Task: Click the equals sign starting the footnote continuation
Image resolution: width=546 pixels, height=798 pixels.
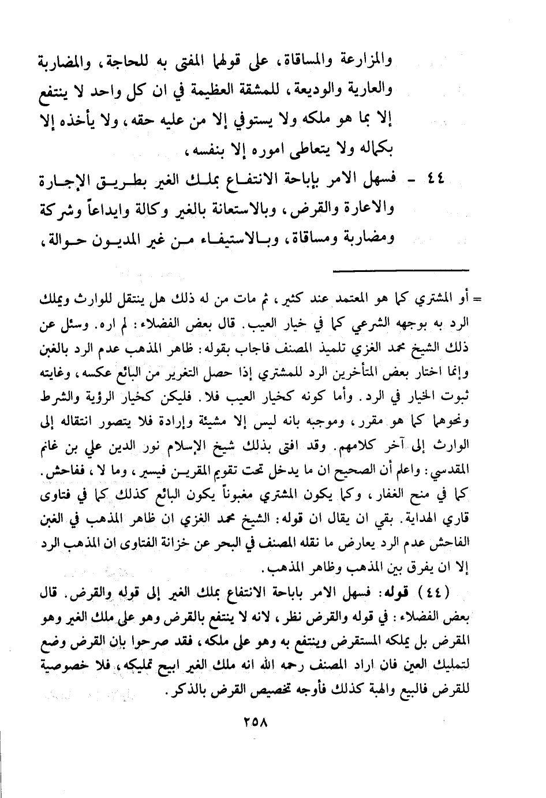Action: pos(478,299)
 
